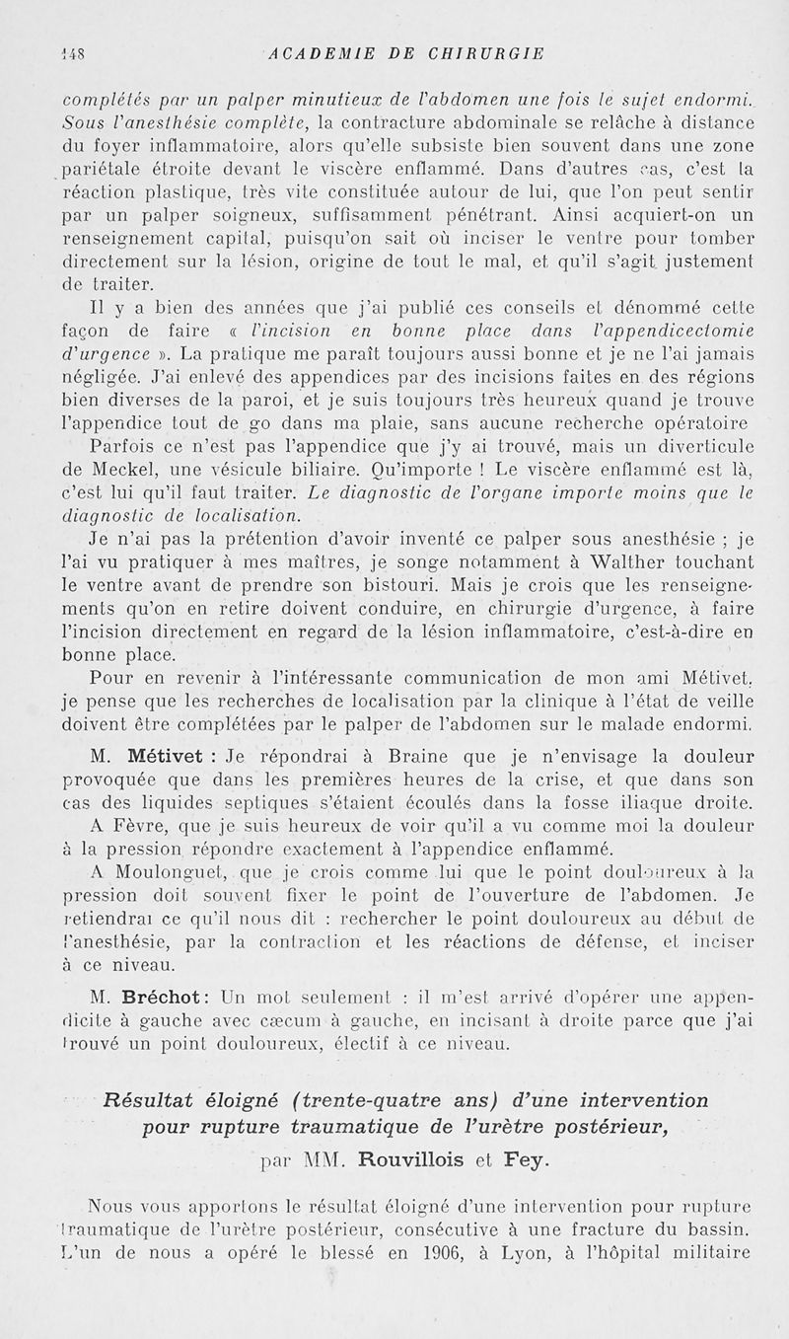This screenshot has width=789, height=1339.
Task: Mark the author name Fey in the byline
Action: coord(521,1160)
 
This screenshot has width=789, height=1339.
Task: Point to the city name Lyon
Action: coord(502,1255)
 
